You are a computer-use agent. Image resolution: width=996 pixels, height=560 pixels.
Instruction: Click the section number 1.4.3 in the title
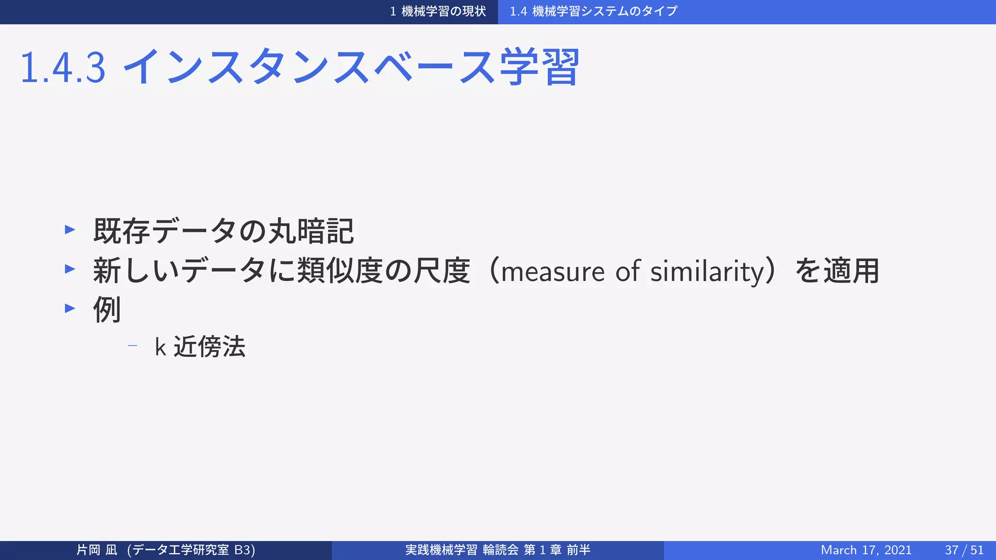coord(63,68)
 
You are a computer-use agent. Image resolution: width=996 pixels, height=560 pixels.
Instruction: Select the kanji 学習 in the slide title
coord(539,67)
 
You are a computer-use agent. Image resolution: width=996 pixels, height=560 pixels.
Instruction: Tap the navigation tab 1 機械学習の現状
coord(438,11)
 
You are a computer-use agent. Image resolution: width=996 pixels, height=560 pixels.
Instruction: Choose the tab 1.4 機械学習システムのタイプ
coord(593,11)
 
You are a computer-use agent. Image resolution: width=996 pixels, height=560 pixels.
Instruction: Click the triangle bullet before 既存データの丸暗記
coord(70,229)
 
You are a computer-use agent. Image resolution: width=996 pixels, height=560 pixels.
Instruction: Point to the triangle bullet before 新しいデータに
coord(70,269)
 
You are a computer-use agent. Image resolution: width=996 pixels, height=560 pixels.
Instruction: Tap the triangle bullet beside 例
coord(70,308)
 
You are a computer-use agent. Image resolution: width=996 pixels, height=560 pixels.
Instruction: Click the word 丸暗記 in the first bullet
coord(311,231)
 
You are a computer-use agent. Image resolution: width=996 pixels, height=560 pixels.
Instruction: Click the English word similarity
coord(708,271)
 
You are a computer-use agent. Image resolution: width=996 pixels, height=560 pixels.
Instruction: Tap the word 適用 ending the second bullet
coord(851,271)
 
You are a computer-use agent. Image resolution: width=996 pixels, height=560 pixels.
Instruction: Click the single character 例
coord(107,310)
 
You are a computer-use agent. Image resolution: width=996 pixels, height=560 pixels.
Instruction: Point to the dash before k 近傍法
coord(132,346)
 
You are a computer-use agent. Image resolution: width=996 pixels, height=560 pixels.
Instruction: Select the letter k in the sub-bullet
coord(160,347)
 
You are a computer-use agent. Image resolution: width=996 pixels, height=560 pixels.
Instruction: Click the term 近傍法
coord(210,347)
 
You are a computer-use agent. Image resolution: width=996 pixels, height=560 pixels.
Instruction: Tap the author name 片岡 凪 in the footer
coord(97,550)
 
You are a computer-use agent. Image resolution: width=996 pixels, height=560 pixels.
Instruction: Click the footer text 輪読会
coord(501,550)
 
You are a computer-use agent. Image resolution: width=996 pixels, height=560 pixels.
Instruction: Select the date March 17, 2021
coord(866,550)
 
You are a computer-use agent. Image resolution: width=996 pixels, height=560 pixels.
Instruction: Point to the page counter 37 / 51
coord(964,550)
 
